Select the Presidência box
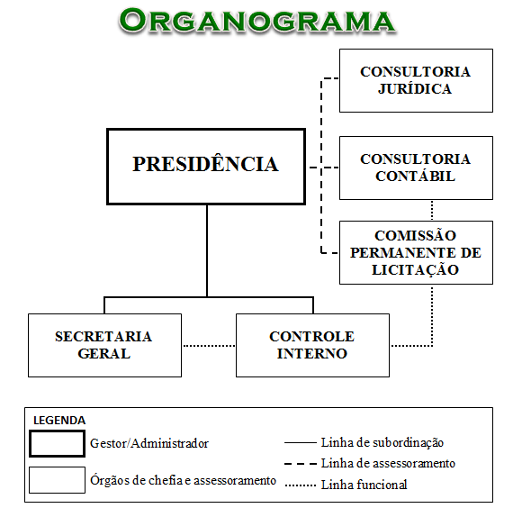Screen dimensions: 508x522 tap(206, 166)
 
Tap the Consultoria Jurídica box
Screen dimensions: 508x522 tap(415, 80)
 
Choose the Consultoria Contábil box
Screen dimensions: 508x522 tap(415, 168)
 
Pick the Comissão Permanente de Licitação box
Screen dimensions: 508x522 tap(415, 252)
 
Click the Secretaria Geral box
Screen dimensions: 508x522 tap(104, 345)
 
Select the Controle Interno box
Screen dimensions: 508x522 tap(311, 345)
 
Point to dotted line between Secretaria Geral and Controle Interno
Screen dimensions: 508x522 tap(209, 346)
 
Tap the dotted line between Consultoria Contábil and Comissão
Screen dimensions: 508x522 tap(432, 210)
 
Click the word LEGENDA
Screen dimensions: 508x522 tap(59, 420)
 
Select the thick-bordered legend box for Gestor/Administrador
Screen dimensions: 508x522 tap(57, 444)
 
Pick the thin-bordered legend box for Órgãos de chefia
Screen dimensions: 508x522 tap(57, 480)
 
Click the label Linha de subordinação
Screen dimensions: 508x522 tap(382, 442)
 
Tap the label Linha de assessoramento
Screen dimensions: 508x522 tap(388, 463)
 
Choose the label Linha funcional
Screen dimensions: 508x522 tap(364, 485)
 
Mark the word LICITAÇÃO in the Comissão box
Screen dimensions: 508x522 tap(415, 269)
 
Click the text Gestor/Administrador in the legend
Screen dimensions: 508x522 tap(149, 443)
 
